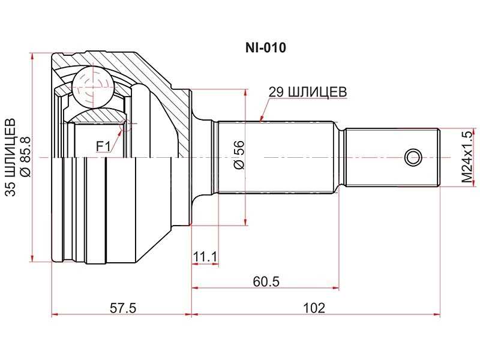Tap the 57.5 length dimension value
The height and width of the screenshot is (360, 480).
(x=124, y=308)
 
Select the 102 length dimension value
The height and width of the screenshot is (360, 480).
(x=314, y=308)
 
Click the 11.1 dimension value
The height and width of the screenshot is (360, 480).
(x=205, y=257)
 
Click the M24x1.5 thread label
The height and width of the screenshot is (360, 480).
(x=467, y=157)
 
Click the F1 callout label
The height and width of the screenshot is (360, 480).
(x=104, y=146)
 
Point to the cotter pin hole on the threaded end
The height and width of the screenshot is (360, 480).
(x=412, y=158)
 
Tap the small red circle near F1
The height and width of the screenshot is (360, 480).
(x=125, y=124)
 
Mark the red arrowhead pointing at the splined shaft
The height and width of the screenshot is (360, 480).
(x=261, y=118)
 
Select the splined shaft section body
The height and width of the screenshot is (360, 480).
(x=276, y=158)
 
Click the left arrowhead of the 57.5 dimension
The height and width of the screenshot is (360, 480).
(x=55, y=314)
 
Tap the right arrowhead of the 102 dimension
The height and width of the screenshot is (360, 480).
(x=438, y=314)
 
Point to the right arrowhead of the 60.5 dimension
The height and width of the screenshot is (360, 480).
(x=336, y=287)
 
